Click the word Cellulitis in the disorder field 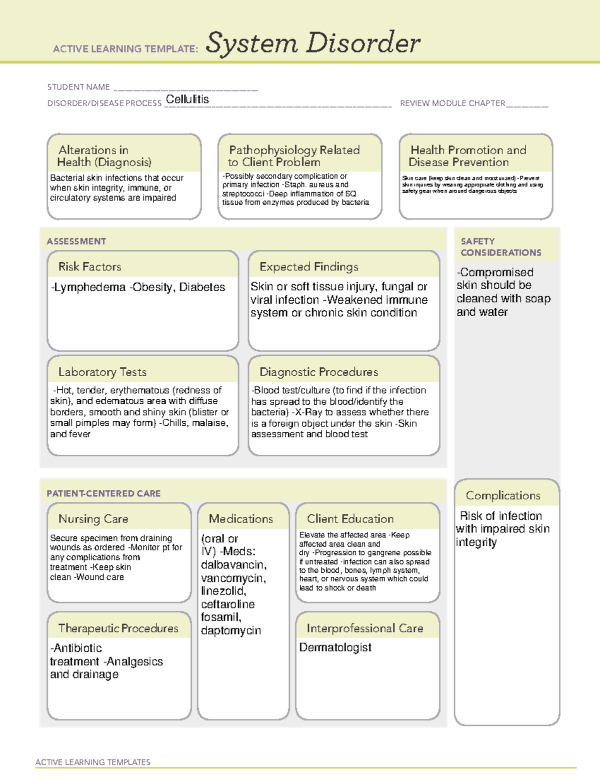pyautogui.click(x=187, y=99)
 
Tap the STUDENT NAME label pyautogui.click(x=78, y=87)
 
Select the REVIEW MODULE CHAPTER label pyautogui.click(x=452, y=103)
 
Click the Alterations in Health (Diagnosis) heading pyautogui.click(x=104, y=156)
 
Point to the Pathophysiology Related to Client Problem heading pyautogui.click(x=294, y=156)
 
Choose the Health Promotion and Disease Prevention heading pyautogui.click(x=468, y=156)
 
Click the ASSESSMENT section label pyautogui.click(x=76, y=241)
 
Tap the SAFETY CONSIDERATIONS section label pyautogui.click(x=500, y=247)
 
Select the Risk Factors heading pyautogui.click(x=90, y=267)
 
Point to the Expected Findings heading pyautogui.click(x=308, y=267)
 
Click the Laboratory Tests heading pyautogui.click(x=102, y=372)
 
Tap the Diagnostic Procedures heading pyautogui.click(x=318, y=372)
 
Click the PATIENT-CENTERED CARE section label pyautogui.click(x=104, y=493)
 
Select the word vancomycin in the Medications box pyautogui.click(x=233, y=578)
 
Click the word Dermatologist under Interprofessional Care pyautogui.click(x=335, y=647)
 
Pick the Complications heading pyautogui.click(x=503, y=495)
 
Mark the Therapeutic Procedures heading pyautogui.click(x=118, y=628)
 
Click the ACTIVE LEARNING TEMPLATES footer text pyautogui.click(x=93, y=762)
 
